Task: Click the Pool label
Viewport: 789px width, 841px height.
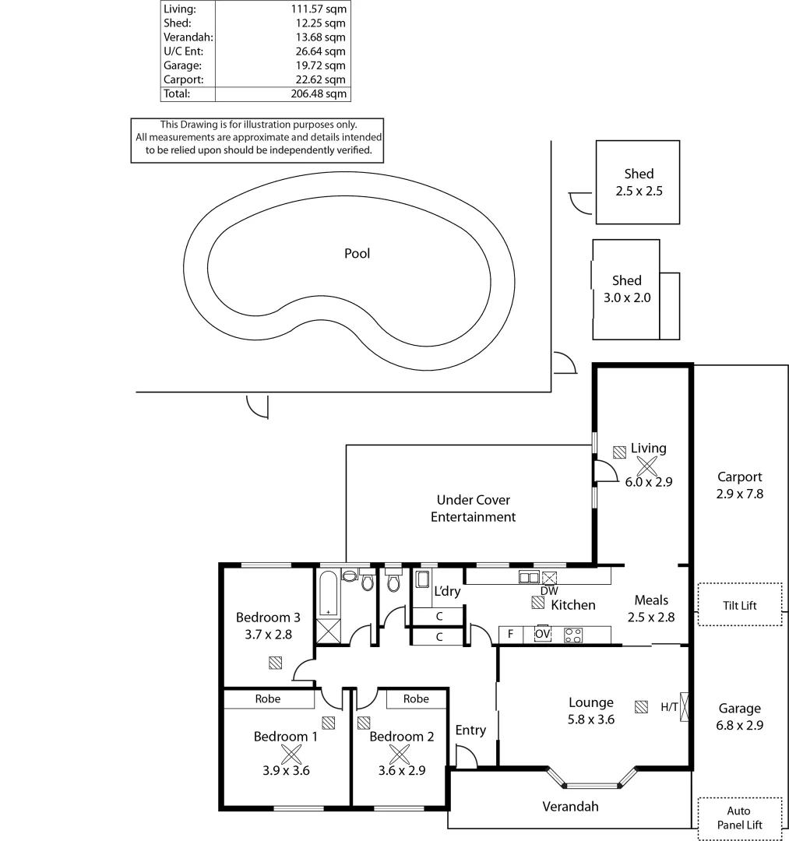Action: [357, 253]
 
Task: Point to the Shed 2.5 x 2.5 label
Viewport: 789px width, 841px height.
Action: [639, 182]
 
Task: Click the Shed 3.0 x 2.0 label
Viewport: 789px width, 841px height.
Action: [626, 288]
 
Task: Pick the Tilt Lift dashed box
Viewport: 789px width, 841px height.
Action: [739, 604]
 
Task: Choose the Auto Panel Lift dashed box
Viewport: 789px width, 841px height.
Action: [739, 818]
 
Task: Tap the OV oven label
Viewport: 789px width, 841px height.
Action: [543, 634]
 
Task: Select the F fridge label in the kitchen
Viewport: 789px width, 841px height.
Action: [510, 634]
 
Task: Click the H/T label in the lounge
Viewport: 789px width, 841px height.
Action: [669, 707]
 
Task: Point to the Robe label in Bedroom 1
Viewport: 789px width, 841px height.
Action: [268, 698]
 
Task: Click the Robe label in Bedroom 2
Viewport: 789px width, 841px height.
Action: [416, 698]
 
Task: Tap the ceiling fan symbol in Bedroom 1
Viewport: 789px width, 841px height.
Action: [291, 753]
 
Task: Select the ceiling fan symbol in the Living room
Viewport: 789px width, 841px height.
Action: [646, 466]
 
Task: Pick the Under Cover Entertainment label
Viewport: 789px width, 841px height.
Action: [473, 508]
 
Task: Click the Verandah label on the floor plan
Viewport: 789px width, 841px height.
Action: [570, 806]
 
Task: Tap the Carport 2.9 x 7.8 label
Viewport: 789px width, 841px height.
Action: [739, 485]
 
